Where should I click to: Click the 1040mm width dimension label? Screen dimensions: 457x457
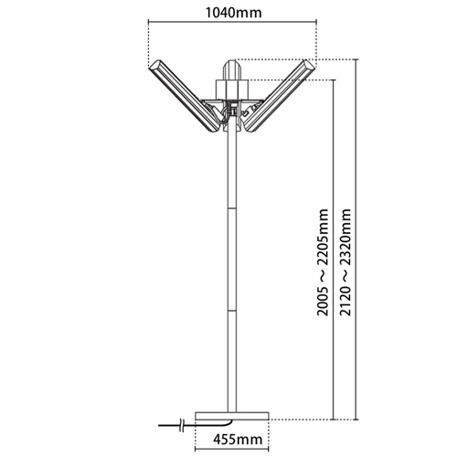point(233,13)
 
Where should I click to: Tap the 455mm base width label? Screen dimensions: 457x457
point(238,440)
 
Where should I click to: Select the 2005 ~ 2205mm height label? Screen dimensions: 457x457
point(323,262)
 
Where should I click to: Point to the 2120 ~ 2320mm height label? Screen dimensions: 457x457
point(345,262)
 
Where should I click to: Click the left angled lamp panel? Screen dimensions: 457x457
point(184,96)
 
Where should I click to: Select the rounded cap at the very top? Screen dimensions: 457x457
point(232,69)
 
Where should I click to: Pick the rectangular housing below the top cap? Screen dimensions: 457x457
point(232,90)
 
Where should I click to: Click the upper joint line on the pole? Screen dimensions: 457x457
point(232,208)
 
